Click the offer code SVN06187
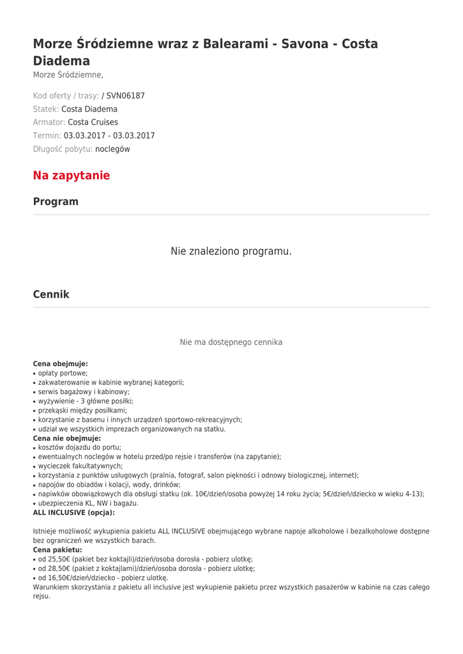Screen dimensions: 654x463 pyautogui.click(x=126, y=96)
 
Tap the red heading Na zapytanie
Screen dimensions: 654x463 pyautogui.click(x=72, y=176)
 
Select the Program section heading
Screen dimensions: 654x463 pyautogui.click(x=56, y=202)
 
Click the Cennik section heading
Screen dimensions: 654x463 pyautogui.click(x=51, y=294)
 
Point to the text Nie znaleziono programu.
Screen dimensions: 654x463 pyautogui.click(x=231, y=251)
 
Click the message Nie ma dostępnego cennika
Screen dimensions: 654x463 pyautogui.click(x=231, y=342)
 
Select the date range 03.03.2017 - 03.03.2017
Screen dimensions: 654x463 pyautogui.click(x=109, y=135)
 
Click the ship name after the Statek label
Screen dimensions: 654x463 pyautogui.click(x=89, y=109)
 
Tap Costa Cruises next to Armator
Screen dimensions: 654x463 pyautogui.click(x=93, y=122)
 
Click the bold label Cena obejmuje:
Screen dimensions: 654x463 pyautogui.click(x=61, y=364)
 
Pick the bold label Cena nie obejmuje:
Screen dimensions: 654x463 pyautogui.click(x=67, y=439)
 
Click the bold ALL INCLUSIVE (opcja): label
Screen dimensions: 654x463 pyautogui.click(x=74, y=512)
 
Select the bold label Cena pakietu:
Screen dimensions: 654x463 pyautogui.click(x=57, y=550)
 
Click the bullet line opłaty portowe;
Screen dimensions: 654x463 pyautogui.click(x=63, y=373)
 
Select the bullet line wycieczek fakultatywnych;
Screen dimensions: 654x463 pyautogui.click(x=80, y=466)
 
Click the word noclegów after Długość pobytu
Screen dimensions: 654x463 pyautogui.click(x=112, y=149)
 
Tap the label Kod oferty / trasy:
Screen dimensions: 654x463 pyautogui.click(x=66, y=96)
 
